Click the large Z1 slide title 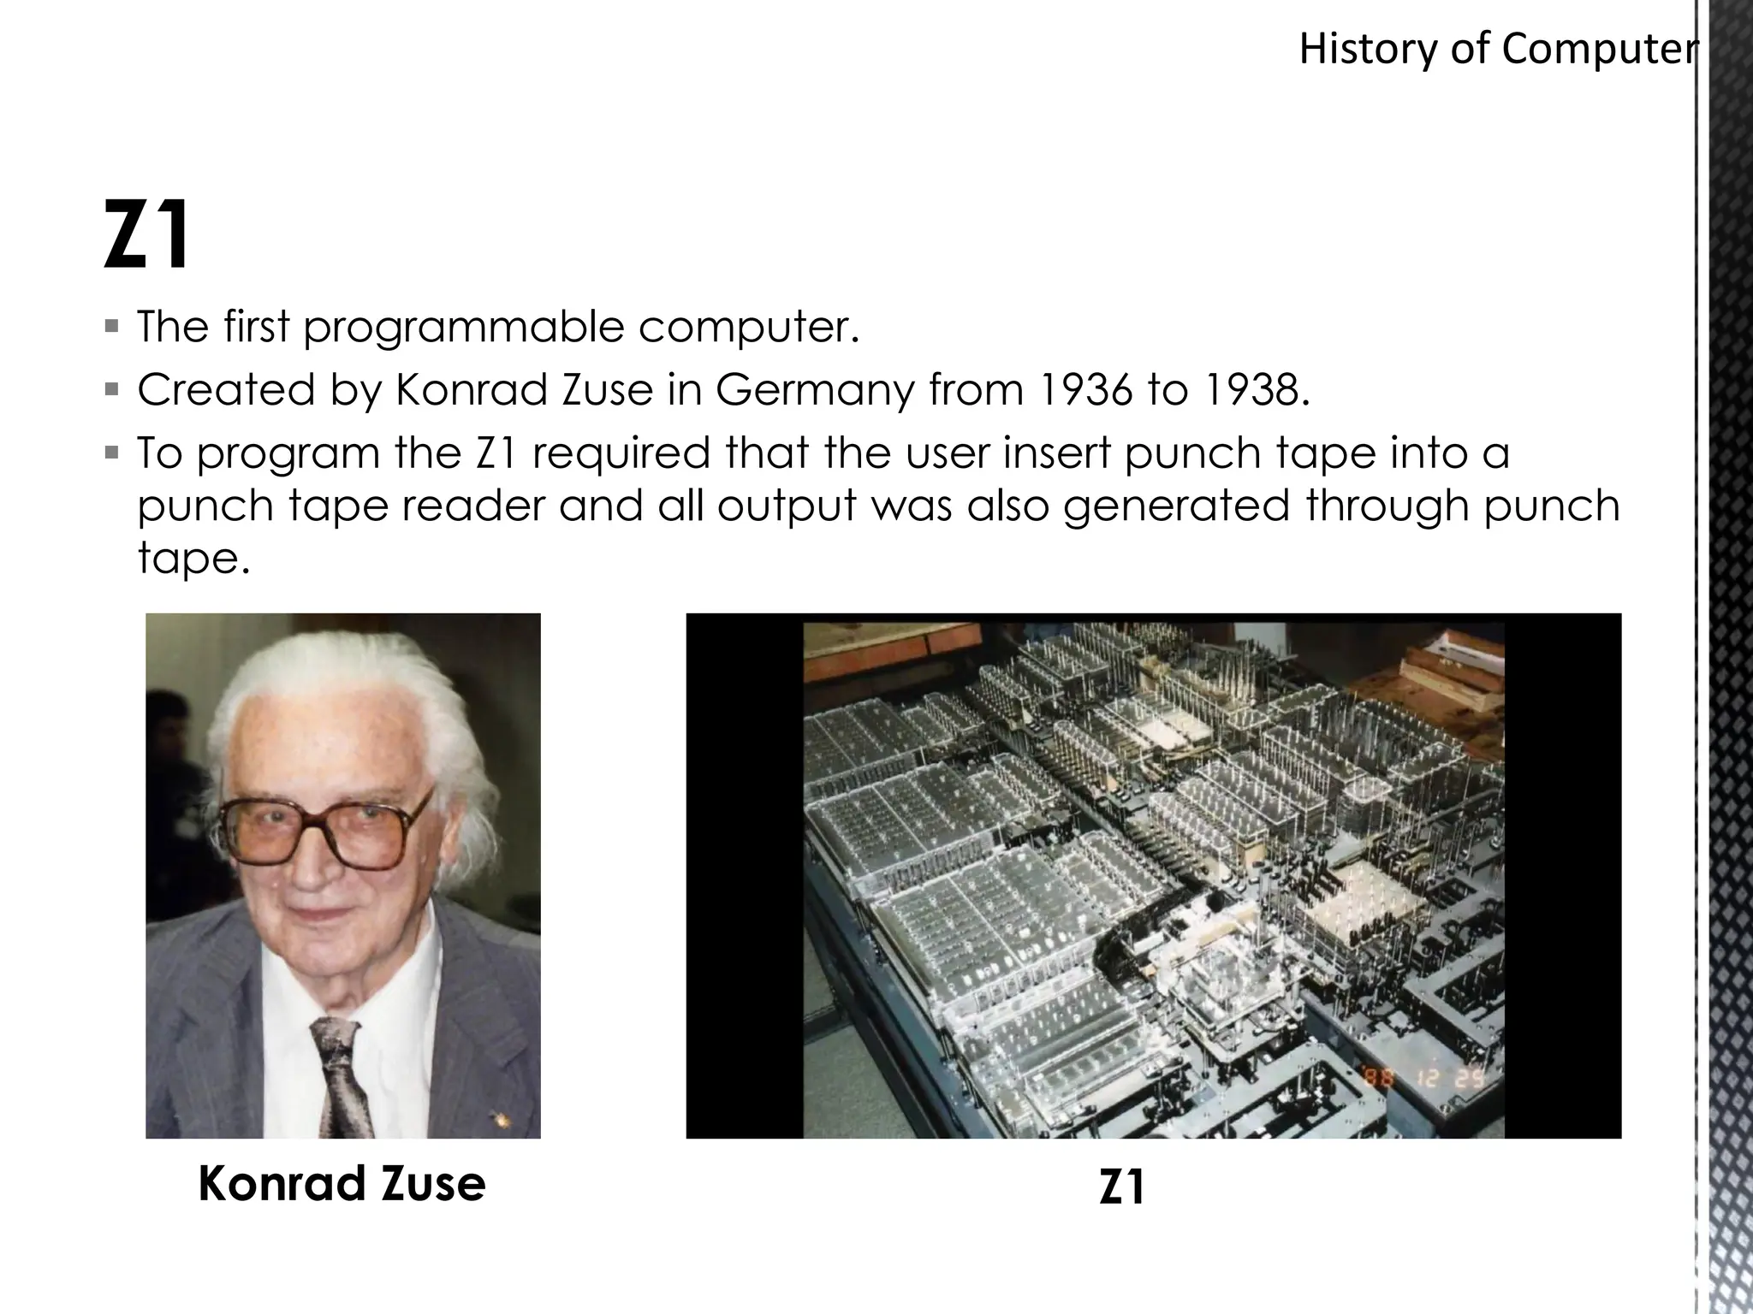click(146, 234)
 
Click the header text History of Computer click(1496, 50)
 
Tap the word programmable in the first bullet click(463, 327)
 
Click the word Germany click(815, 392)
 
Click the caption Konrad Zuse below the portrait click(342, 1184)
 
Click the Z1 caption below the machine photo click(1122, 1187)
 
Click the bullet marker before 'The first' click(111, 326)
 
